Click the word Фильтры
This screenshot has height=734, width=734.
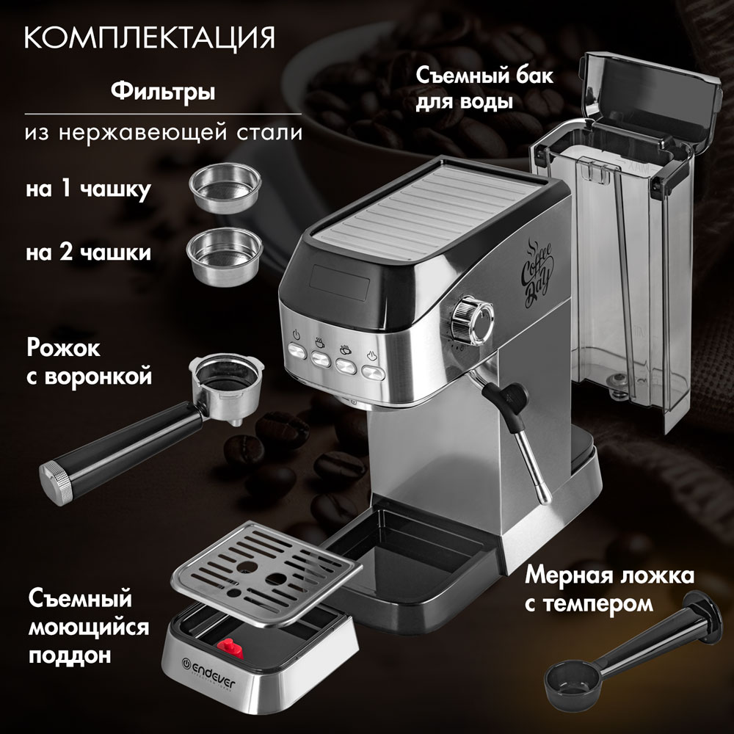[162, 93]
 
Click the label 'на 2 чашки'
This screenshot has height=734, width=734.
[88, 253]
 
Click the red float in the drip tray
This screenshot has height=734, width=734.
[228, 646]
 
